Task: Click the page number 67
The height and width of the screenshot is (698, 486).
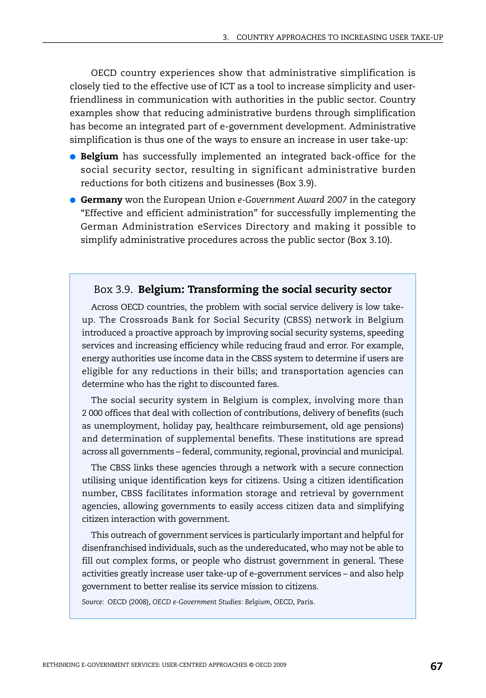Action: (x=436, y=666)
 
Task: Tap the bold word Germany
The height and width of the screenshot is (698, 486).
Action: (x=101, y=200)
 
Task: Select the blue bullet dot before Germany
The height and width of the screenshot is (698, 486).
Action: (x=73, y=200)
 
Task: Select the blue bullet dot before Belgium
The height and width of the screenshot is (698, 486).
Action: (x=73, y=157)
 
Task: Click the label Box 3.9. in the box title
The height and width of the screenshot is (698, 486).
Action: (x=113, y=289)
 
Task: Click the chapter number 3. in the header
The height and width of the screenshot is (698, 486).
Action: (x=225, y=37)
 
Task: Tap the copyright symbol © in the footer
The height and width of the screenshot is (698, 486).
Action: (x=251, y=665)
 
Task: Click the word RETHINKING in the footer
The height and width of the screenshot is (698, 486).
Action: (x=61, y=665)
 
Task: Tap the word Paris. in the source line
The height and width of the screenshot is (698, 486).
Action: (x=305, y=602)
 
